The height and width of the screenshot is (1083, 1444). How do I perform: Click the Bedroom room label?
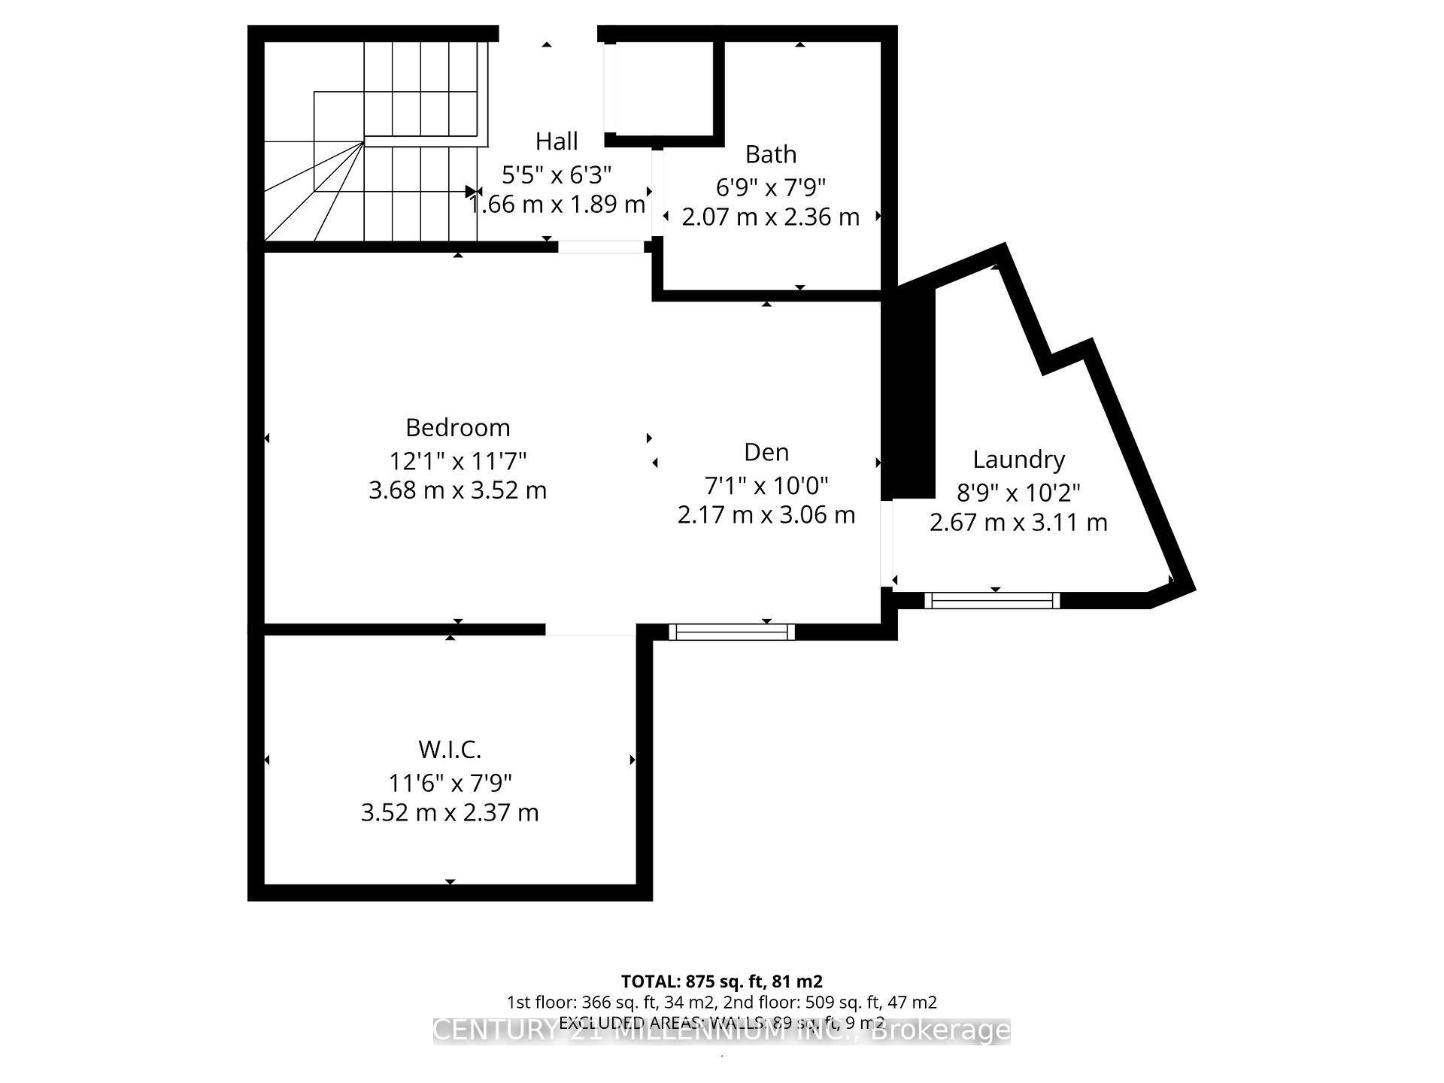click(457, 427)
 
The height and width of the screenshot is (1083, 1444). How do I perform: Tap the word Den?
click(766, 452)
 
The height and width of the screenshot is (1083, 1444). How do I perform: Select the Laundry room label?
click(1018, 459)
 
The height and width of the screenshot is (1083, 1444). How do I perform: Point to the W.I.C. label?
click(450, 749)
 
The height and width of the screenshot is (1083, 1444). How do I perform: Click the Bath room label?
click(770, 154)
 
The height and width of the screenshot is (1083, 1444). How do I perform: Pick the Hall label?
click(557, 141)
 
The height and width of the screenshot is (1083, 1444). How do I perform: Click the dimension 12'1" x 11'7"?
click(457, 460)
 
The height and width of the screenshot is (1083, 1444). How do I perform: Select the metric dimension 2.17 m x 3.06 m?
click(766, 515)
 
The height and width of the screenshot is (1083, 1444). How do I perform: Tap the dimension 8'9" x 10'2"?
click(1018, 493)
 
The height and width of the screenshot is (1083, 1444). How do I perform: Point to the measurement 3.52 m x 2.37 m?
click(450, 813)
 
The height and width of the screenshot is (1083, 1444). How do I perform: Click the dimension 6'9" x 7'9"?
click(770, 187)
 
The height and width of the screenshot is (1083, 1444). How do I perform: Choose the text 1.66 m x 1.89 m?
click(557, 205)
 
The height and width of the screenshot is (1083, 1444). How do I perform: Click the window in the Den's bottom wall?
click(732, 632)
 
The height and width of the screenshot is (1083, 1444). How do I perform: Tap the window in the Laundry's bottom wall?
click(992, 600)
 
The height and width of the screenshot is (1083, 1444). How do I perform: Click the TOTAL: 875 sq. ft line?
click(721, 981)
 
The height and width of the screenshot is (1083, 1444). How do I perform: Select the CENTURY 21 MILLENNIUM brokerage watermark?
click(721, 1030)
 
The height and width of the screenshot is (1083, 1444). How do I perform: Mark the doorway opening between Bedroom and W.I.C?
click(591, 629)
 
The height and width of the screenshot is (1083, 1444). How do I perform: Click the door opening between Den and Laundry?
click(887, 543)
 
